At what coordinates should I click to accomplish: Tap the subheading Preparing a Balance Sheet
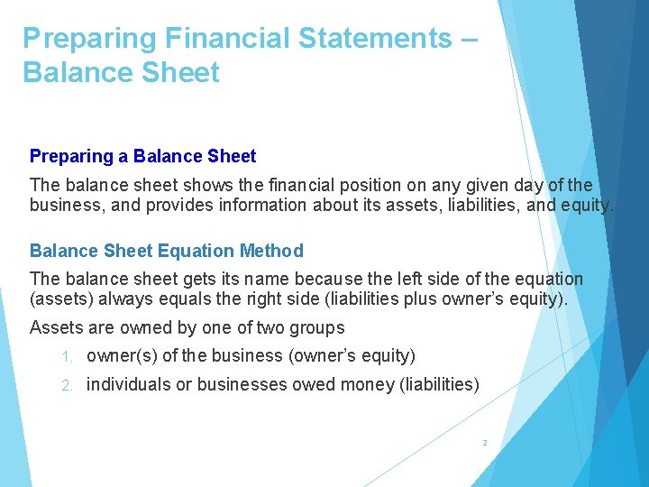(142, 156)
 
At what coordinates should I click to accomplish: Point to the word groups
(315, 327)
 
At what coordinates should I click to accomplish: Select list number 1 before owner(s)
(65, 356)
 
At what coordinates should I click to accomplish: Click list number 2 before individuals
(65, 385)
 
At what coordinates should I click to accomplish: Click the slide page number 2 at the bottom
(484, 443)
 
